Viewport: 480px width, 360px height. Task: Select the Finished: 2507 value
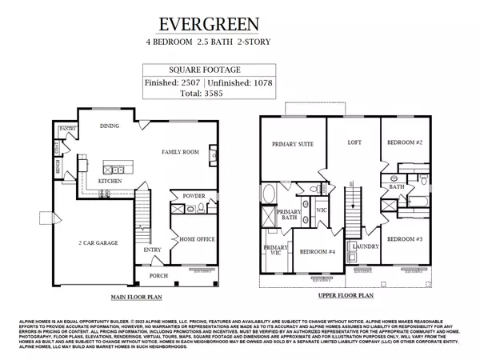(x=173, y=82)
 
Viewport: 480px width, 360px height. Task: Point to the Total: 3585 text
(x=213, y=94)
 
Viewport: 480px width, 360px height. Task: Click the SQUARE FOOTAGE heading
(x=212, y=69)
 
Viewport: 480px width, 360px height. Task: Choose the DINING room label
(x=110, y=126)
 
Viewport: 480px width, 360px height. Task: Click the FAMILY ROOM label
(x=180, y=151)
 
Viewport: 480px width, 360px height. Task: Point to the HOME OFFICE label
(x=195, y=239)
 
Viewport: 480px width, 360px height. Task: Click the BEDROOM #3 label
(x=406, y=239)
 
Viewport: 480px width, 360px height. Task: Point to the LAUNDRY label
(x=364, y=246)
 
